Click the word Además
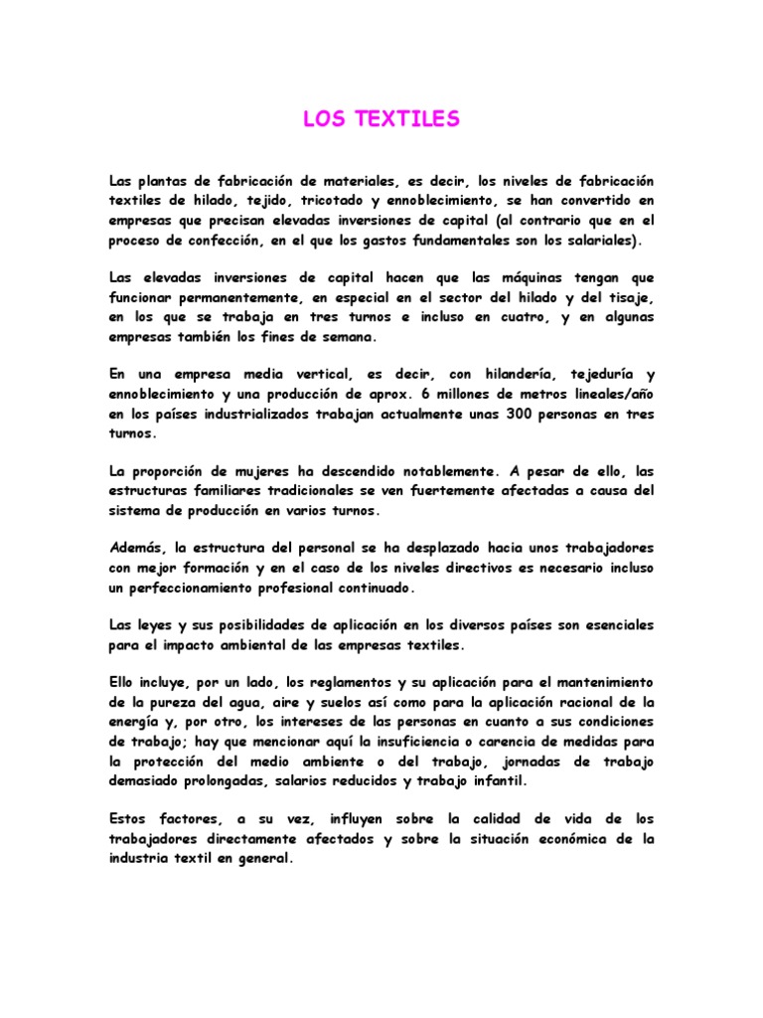[136, 548]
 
